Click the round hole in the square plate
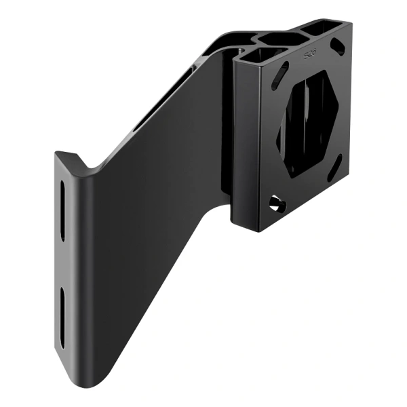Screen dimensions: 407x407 point(274,201)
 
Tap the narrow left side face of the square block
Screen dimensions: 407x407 point(244,142)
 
